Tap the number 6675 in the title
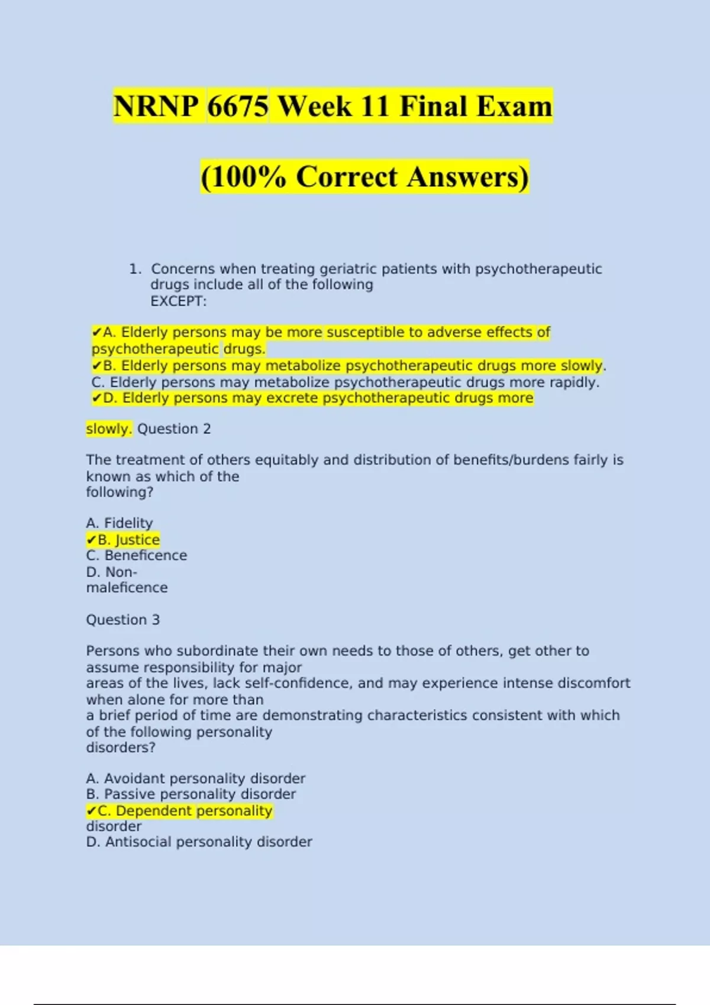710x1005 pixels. point(238,106)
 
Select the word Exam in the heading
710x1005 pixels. point(514,106)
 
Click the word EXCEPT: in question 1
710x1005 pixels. point(178,301)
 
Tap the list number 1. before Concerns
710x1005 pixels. point(135,269)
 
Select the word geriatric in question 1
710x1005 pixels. point(348,269)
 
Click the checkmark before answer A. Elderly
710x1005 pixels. point(96,333)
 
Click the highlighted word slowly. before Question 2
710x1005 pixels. point(108,429)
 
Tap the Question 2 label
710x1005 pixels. point(174,429)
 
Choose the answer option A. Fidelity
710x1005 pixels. point(120,523)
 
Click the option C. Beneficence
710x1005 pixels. point(137,556)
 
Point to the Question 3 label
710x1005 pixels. point(123,620)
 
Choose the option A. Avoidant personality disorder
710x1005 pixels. point(196,779)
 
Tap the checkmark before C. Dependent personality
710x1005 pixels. point(91,811)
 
